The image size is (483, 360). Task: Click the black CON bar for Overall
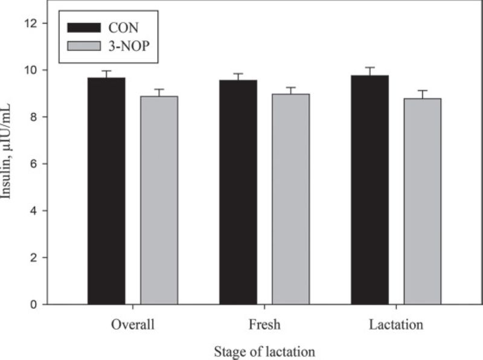click(x=106, y=190)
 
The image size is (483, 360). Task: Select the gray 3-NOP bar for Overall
click(x=159, y=199)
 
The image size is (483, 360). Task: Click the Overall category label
click(x=132, y=324)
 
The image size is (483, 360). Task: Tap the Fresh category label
click(x=264, y=324)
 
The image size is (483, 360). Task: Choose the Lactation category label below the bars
click(x=396, y=324)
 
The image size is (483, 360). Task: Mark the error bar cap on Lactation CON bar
click(x=369, y=68)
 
